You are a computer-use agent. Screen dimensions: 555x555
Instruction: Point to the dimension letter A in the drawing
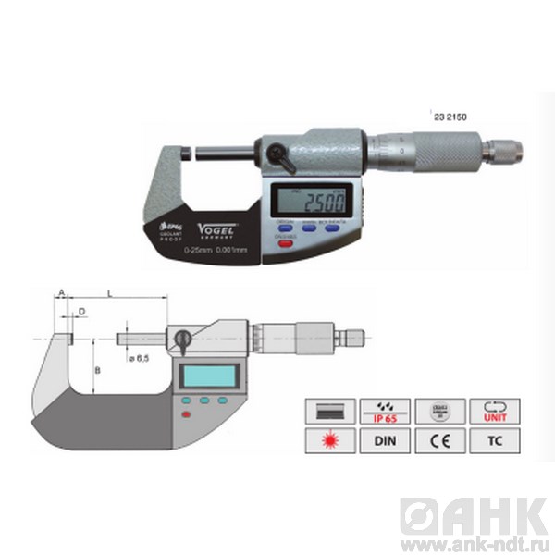[x=61, y=292]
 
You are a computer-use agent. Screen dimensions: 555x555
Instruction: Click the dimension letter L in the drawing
[x=111, y=292]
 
